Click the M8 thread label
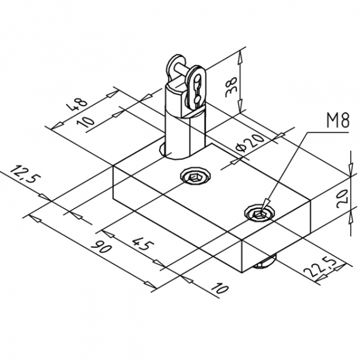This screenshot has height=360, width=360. coord(338,122)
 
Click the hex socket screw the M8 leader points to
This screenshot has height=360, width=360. coord(259,212)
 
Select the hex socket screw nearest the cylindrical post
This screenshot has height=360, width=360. coord(196,176)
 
